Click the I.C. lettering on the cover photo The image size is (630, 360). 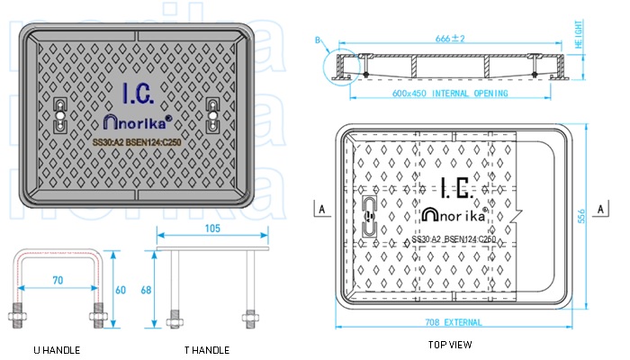tap(138, 92)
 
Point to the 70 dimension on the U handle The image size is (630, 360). tap(58, 281)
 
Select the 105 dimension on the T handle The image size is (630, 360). tap(212, 229)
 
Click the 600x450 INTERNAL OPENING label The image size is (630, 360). tap(450, 94)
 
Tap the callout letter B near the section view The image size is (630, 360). tap(318, 39)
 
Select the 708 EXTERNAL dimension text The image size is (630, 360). tap(460, 322)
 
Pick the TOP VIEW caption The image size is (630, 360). tap(451, 345)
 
